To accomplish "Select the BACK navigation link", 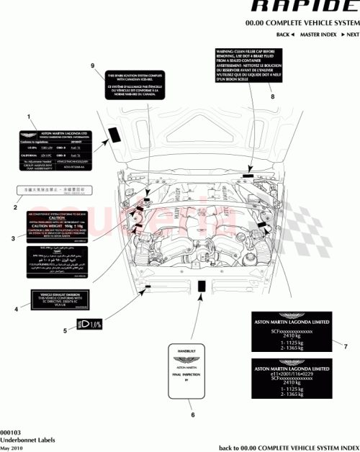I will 284,35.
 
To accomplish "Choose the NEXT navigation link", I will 351,35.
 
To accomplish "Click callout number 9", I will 92,65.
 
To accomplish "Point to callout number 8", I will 271,96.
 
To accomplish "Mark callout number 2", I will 14,207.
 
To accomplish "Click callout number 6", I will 192,414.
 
